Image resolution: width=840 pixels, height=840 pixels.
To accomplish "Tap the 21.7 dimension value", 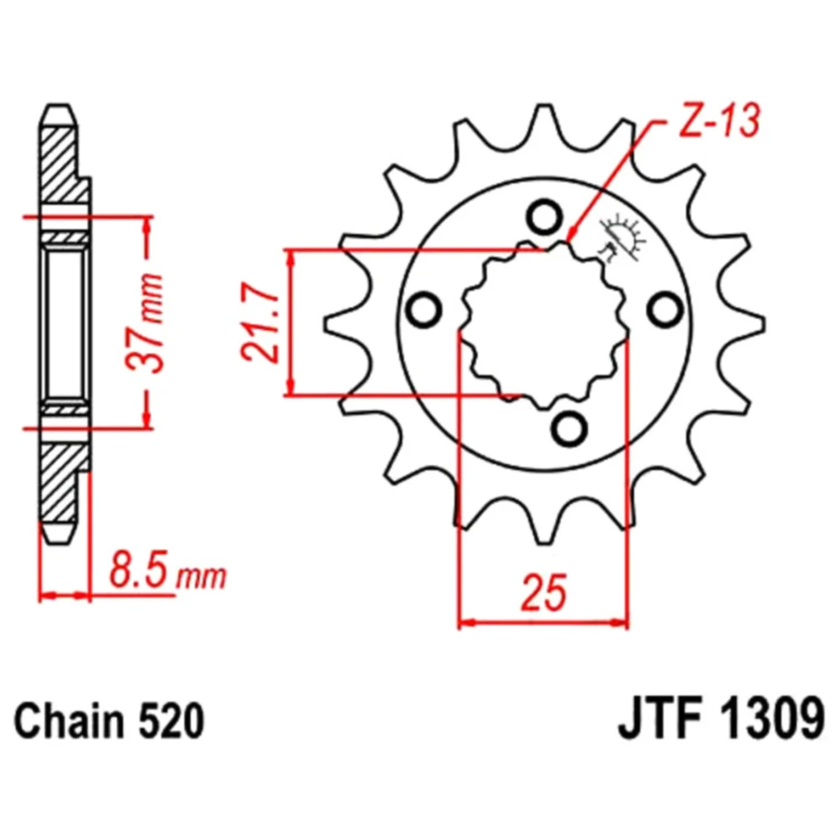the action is [261, 323].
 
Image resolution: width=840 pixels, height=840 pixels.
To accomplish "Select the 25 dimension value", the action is [543, 593].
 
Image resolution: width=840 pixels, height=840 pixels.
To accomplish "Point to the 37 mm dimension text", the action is [144, 323].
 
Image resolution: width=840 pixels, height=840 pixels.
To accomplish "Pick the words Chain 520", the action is [109, 721].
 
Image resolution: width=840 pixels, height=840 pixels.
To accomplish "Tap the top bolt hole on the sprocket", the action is [544, 216].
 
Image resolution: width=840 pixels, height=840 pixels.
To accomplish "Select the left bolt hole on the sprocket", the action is [423, 310].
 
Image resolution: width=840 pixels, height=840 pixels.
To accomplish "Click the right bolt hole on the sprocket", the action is [665, 309].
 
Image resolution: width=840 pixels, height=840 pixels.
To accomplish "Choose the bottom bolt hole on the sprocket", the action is [569, 428].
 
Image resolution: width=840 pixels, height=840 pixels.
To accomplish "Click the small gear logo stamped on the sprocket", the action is [622, 239].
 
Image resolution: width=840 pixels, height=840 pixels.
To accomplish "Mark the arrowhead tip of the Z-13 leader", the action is [569, 240].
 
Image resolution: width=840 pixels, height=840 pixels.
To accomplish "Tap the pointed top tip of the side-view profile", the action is [59, 104].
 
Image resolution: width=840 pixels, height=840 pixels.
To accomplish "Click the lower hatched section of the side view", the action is [59, 482].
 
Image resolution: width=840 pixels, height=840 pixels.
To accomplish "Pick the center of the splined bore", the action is [544, 324].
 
